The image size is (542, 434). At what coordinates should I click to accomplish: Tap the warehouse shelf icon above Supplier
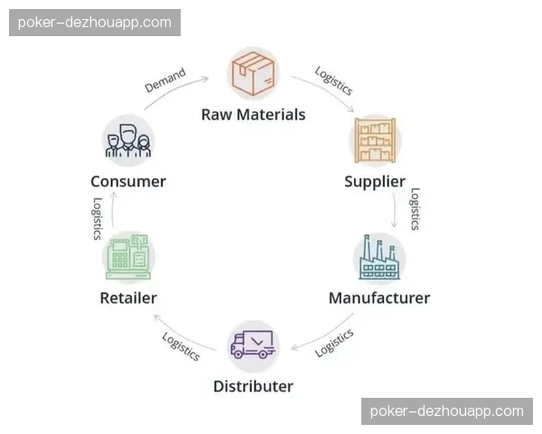[x=374, y=139]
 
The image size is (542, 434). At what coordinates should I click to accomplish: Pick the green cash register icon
[x=127, y=258]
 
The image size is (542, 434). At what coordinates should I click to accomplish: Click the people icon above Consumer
[x=128, y=139]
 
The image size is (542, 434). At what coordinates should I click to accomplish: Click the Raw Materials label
[x=253, y=115]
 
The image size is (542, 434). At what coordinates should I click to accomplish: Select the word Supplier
[x=374, y=181]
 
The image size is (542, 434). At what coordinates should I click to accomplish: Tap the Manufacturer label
[x=379, y=297]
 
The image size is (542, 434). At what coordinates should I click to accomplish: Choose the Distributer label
[x=253, y=386]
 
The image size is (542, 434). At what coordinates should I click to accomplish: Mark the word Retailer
[x=127, y=297]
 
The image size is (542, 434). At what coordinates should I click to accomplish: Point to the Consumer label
[x=128, y=181]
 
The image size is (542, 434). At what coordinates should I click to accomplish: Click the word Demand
[x=164, y=80]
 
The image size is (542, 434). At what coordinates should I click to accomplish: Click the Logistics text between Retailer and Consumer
[x=97, y=218]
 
